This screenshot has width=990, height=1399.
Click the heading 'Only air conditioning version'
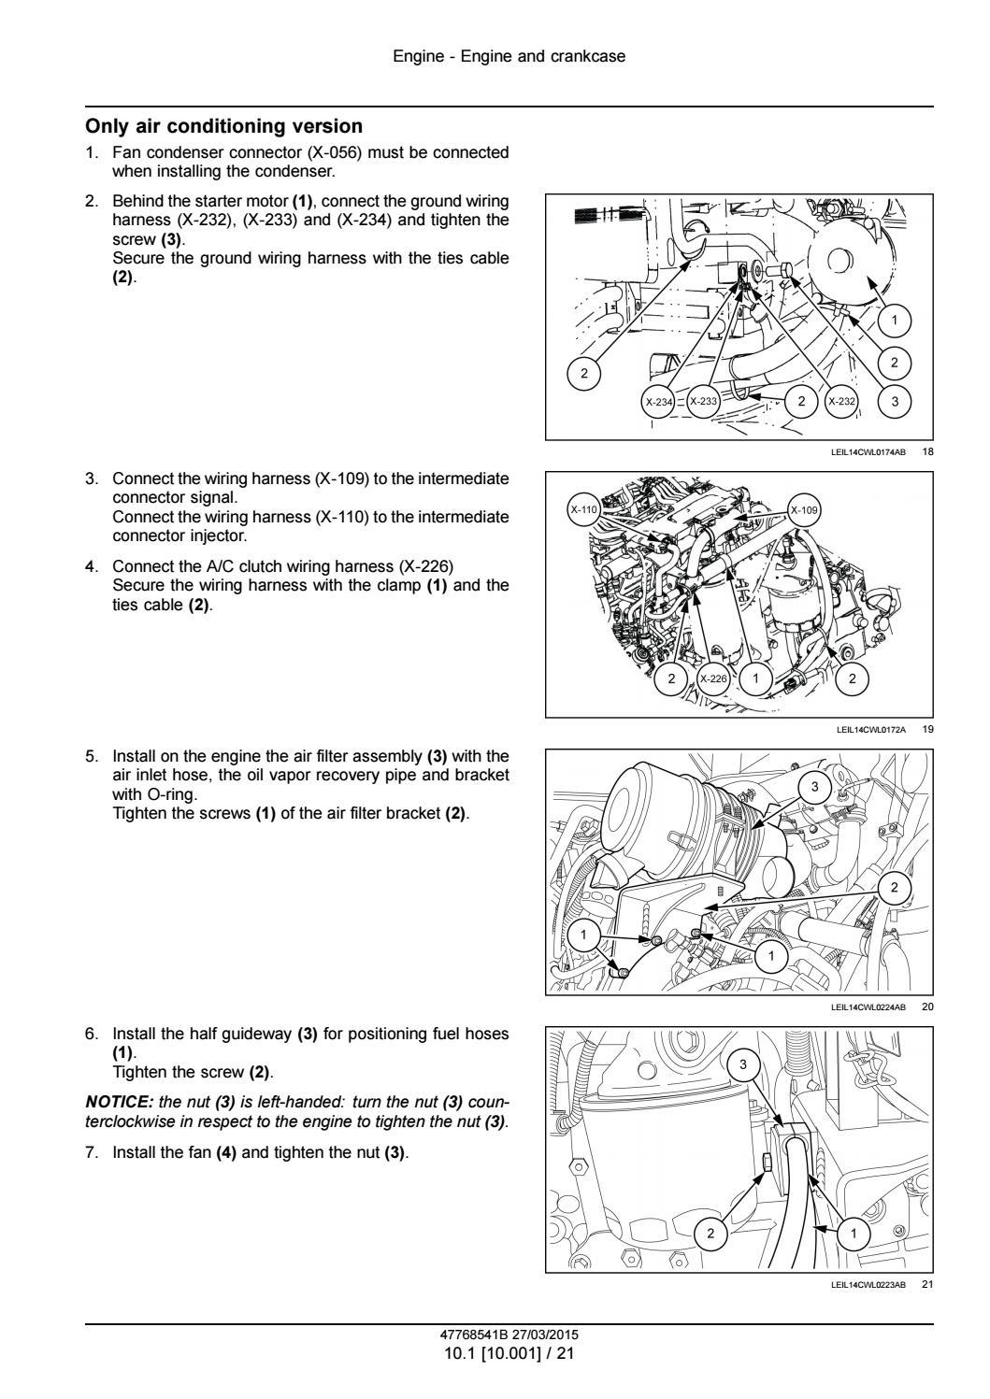(223, 126)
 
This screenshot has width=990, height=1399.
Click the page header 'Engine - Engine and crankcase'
(509, 56)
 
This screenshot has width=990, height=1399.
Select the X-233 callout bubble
(703, 402)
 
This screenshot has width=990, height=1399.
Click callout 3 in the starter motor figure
(895, 402)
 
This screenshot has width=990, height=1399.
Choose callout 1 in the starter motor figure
(895, 321)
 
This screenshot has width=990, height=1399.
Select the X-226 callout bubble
(714, 678)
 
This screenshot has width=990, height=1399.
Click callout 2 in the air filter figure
(895, 887)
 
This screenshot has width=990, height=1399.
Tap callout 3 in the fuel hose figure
(743, 1064)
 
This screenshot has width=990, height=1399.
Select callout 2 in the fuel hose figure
(710, 1235)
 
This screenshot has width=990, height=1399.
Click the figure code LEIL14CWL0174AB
(868, 452)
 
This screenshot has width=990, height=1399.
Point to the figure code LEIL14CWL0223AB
(868, 1284)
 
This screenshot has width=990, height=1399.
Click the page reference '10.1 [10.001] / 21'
(509, 1351)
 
